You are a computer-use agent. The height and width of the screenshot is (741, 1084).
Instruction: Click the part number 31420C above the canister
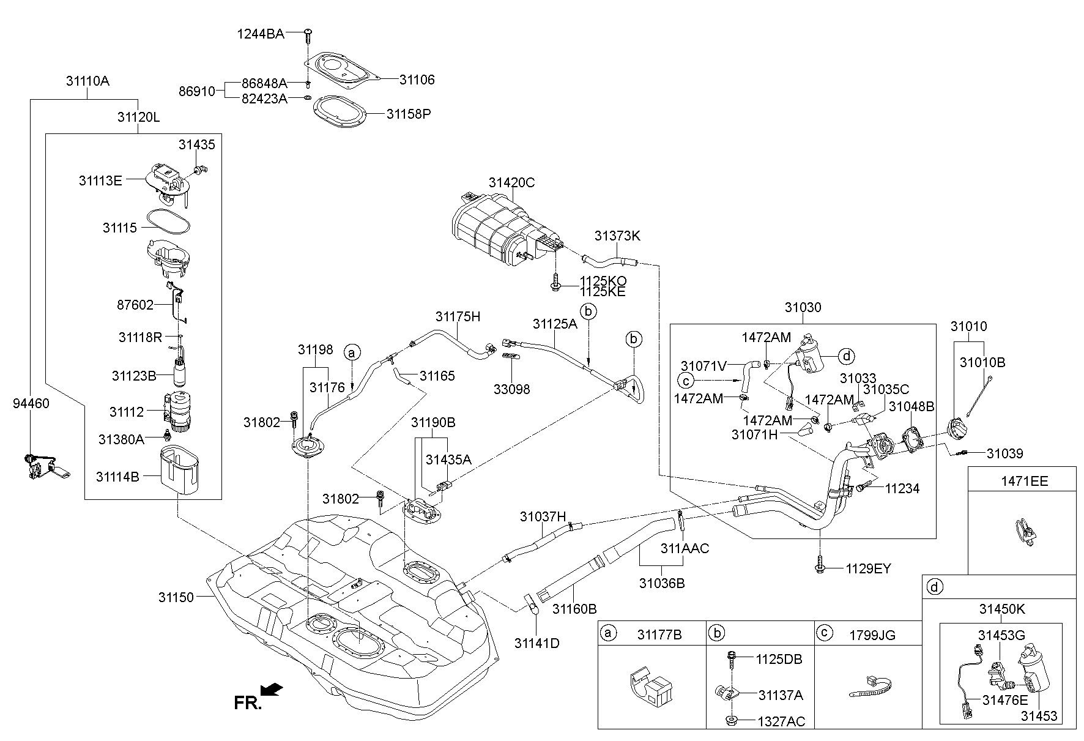(x=511, y=182)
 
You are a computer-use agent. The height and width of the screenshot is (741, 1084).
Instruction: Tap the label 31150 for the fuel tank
(x=176, y=597)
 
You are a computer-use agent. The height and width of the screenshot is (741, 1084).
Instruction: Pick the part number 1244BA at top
(x=261, y=34)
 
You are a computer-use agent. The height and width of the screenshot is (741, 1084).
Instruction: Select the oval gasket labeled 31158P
(x=340, y=114)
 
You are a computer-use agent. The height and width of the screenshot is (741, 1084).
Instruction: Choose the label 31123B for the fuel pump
(x=134, y=376)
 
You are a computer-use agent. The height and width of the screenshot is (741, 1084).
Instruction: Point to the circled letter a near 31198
(x=351, y=352)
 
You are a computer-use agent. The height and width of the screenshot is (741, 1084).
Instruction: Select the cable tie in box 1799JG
(x=869, y=688)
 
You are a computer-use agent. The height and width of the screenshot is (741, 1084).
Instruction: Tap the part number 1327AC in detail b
(x=781, y=721)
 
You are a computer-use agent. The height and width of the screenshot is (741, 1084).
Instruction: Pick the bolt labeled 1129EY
(x=819, y=567)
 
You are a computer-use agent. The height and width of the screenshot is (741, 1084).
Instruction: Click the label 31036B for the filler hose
(x=662, y=583)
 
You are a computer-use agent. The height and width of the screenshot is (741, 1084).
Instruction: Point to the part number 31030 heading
(x=803, y=307)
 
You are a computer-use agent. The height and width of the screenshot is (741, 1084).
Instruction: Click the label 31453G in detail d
(x=1001, y=636)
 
